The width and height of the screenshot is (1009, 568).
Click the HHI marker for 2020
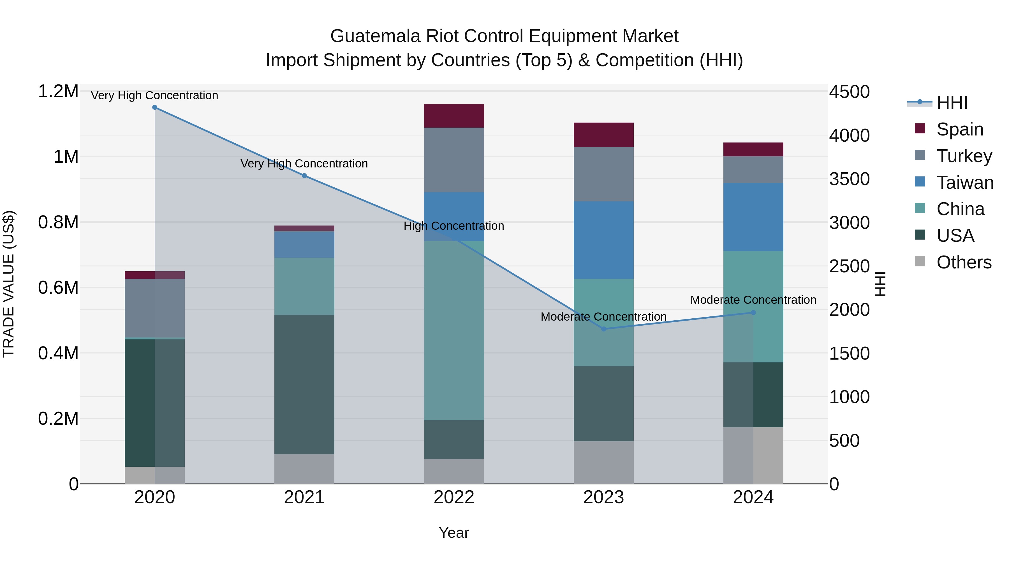click(x=155, y=107)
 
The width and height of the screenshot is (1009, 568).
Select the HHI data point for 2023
click(x=604, y=329)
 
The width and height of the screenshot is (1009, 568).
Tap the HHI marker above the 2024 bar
click(x=753, y=312)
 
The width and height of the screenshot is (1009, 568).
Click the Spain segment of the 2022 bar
click(x=454, y=116)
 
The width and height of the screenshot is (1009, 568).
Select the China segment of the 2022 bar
click(x=454, y=330)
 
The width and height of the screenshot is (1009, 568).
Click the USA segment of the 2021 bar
click(x=304, y=384)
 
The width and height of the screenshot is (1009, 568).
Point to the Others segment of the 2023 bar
click(x=604, y=462)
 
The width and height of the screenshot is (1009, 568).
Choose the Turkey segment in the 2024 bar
click(x=753, y=169)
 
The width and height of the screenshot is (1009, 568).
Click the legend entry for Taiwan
click(x=965, y=183)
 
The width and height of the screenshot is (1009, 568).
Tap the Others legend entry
click(x=964, y=262)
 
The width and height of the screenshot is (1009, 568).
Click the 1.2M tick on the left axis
click(x=58, y=91)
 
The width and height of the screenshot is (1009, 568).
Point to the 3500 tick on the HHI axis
click(x=849, y=179)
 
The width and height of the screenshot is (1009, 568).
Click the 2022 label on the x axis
click(x=454, y=497)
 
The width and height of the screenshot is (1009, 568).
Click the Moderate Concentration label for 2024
click(x=753, y=300)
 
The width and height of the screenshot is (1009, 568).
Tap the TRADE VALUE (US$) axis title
click(x=9, y=284)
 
